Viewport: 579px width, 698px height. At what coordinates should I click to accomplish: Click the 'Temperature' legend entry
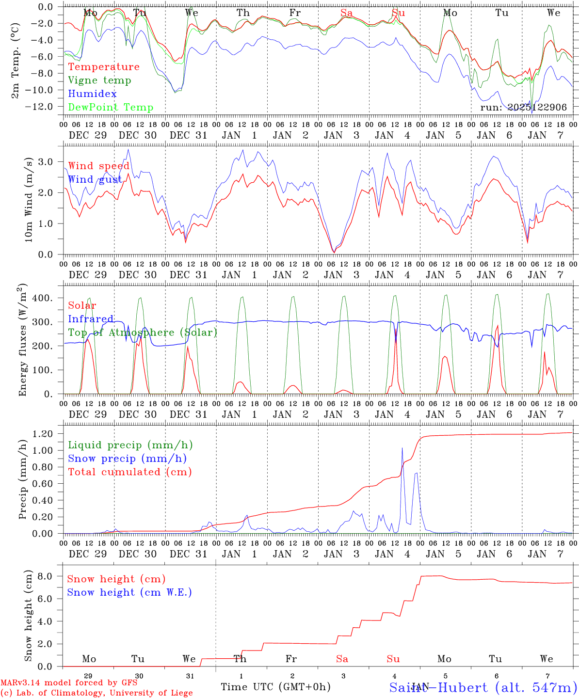(x=104, y=67)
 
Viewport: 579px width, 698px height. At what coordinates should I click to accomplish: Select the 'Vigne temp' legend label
(x=99, y=80)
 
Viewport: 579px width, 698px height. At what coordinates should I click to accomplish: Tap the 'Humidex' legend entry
(x=92, y=94)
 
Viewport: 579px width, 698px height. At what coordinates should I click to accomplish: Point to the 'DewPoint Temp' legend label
(x=111, y=108)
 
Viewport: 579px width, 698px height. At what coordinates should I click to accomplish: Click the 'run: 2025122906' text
(x=523, y=108)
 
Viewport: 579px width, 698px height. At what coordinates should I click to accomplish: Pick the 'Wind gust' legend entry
(x=95, y=179)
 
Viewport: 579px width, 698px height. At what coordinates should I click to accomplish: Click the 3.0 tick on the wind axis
(x=51, y=161)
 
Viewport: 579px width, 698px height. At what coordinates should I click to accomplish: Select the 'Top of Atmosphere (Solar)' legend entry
(x=143, y=333)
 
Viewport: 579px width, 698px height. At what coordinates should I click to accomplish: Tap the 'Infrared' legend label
(x=91, y=319)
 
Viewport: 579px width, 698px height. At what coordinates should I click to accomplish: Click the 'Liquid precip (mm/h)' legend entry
(x=130, y=445)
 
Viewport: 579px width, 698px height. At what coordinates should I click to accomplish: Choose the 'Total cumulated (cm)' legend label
(x=129, y=472)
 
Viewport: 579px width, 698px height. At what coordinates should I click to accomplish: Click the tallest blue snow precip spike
(x=402, y=449)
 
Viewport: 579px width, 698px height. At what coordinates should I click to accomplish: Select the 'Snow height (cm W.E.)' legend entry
(x=129, y=592)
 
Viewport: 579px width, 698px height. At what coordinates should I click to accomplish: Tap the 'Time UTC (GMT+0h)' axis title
(x=275, y=687)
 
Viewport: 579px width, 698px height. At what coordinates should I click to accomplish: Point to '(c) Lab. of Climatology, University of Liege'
(x=96, y=693)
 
